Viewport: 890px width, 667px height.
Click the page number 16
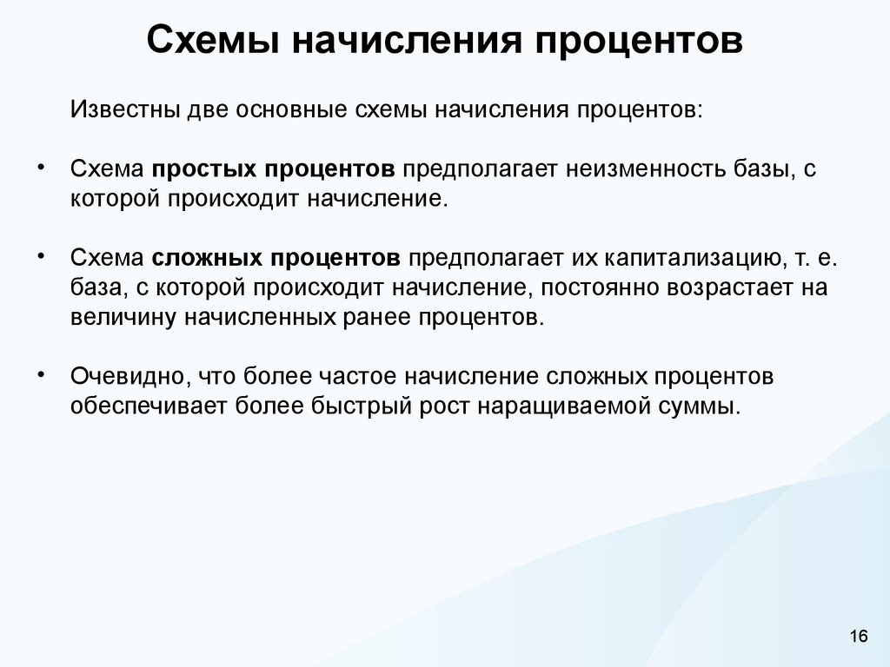tap(859, 637)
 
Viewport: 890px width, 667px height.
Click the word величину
tap(123, 317)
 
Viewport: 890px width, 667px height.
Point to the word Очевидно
tap(130, 376)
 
